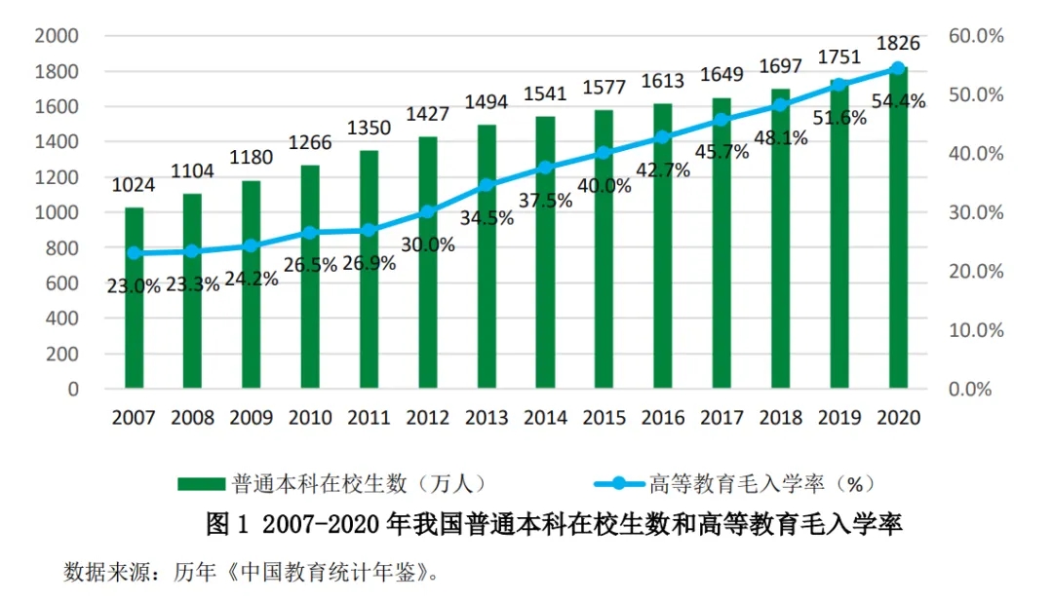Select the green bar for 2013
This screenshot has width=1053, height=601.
(487, 257)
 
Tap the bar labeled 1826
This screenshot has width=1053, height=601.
(898, 228)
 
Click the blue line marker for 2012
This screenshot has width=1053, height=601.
(427, 211)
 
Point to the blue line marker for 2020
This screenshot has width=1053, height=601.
(898, 68)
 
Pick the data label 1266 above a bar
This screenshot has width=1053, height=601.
(310, 143)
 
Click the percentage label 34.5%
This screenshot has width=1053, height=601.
(487, 217)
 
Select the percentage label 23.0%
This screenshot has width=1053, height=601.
(134, 285)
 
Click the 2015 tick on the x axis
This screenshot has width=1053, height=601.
(604, 418)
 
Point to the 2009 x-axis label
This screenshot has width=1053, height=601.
(251, 418)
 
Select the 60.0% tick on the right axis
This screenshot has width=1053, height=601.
(975, 36)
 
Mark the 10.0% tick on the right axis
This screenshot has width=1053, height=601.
(975, 330)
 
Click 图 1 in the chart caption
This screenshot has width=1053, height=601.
(228, 525)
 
